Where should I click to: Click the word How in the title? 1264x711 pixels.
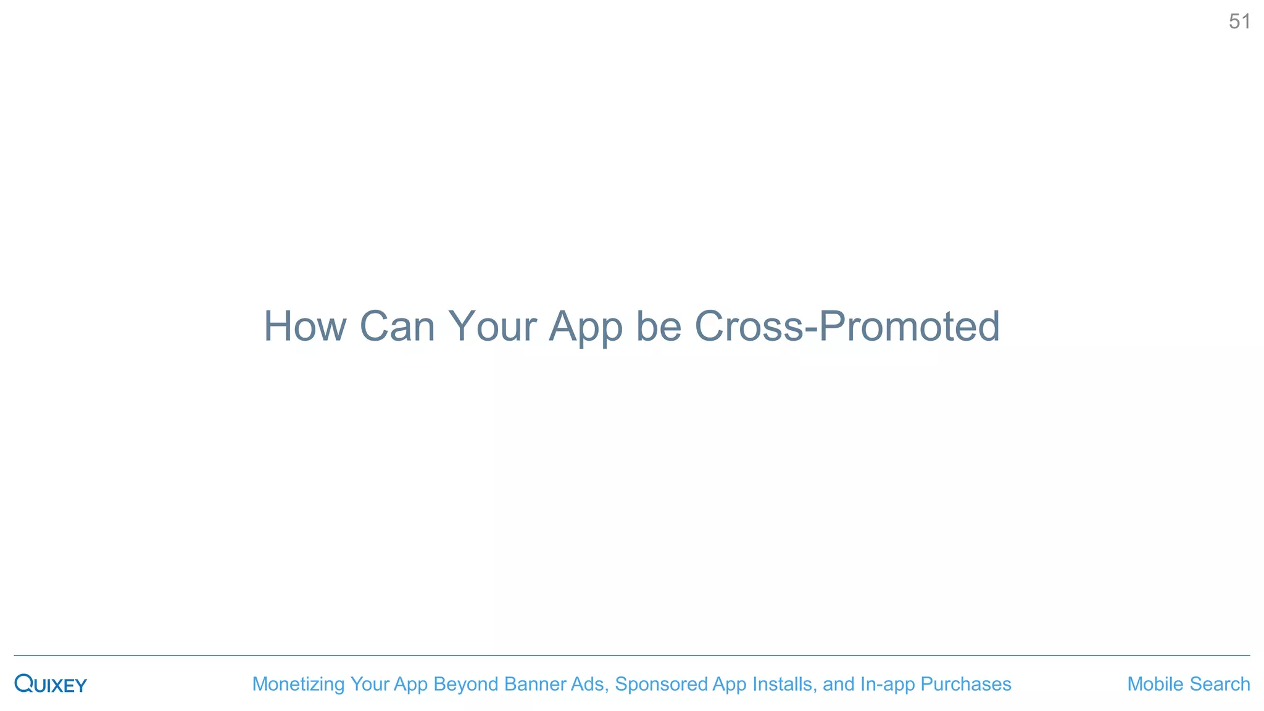tap(305, 326)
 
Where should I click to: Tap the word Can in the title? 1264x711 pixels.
tap(397, 326)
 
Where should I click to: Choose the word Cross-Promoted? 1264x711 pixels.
tap(847, 326)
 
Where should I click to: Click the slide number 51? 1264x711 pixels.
tap(1239, 22)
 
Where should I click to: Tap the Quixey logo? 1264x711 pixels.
tap(51, 684)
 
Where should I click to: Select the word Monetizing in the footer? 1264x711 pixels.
tap(298, 684)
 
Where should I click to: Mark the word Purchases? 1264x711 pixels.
tap(965, 684)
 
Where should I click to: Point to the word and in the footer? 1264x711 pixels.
tap(838, 684)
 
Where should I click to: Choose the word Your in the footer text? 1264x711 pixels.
tap(369, 684)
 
